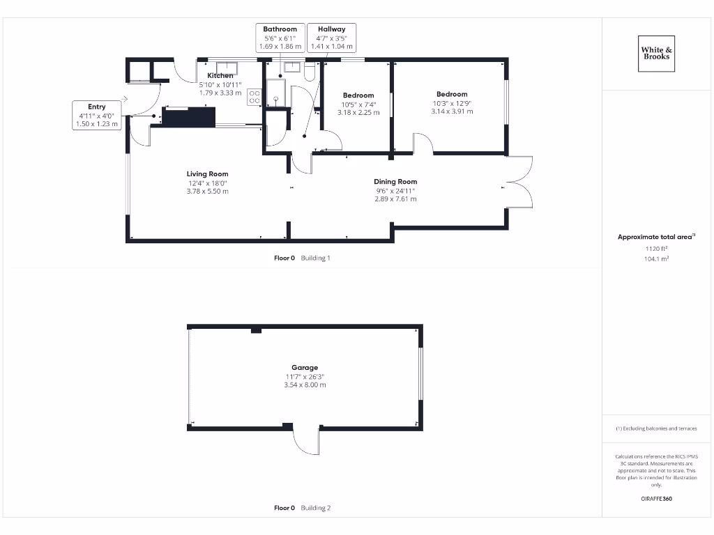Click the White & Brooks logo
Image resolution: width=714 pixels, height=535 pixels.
coord(656,53)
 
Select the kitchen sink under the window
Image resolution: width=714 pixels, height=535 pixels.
coord(227,68)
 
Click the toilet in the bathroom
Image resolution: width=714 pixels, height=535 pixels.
coord(310,72)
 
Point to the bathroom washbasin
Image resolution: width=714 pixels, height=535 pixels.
coord(291,68)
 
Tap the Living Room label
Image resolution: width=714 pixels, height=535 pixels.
coord(207,174)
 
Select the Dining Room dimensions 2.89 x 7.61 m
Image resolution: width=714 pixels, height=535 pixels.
coord(395,199)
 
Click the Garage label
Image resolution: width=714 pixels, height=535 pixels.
coord(305,367)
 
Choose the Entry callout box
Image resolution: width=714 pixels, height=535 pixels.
coord(97,115)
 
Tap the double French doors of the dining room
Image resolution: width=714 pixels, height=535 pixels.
coord(520,183)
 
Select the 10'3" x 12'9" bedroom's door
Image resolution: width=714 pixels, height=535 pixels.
coord(423,143)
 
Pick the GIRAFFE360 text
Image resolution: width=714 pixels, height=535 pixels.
coord(656,499)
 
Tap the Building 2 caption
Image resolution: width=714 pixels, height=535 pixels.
coord(316,508)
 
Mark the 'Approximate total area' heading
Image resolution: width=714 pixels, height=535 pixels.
coord(655,237)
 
